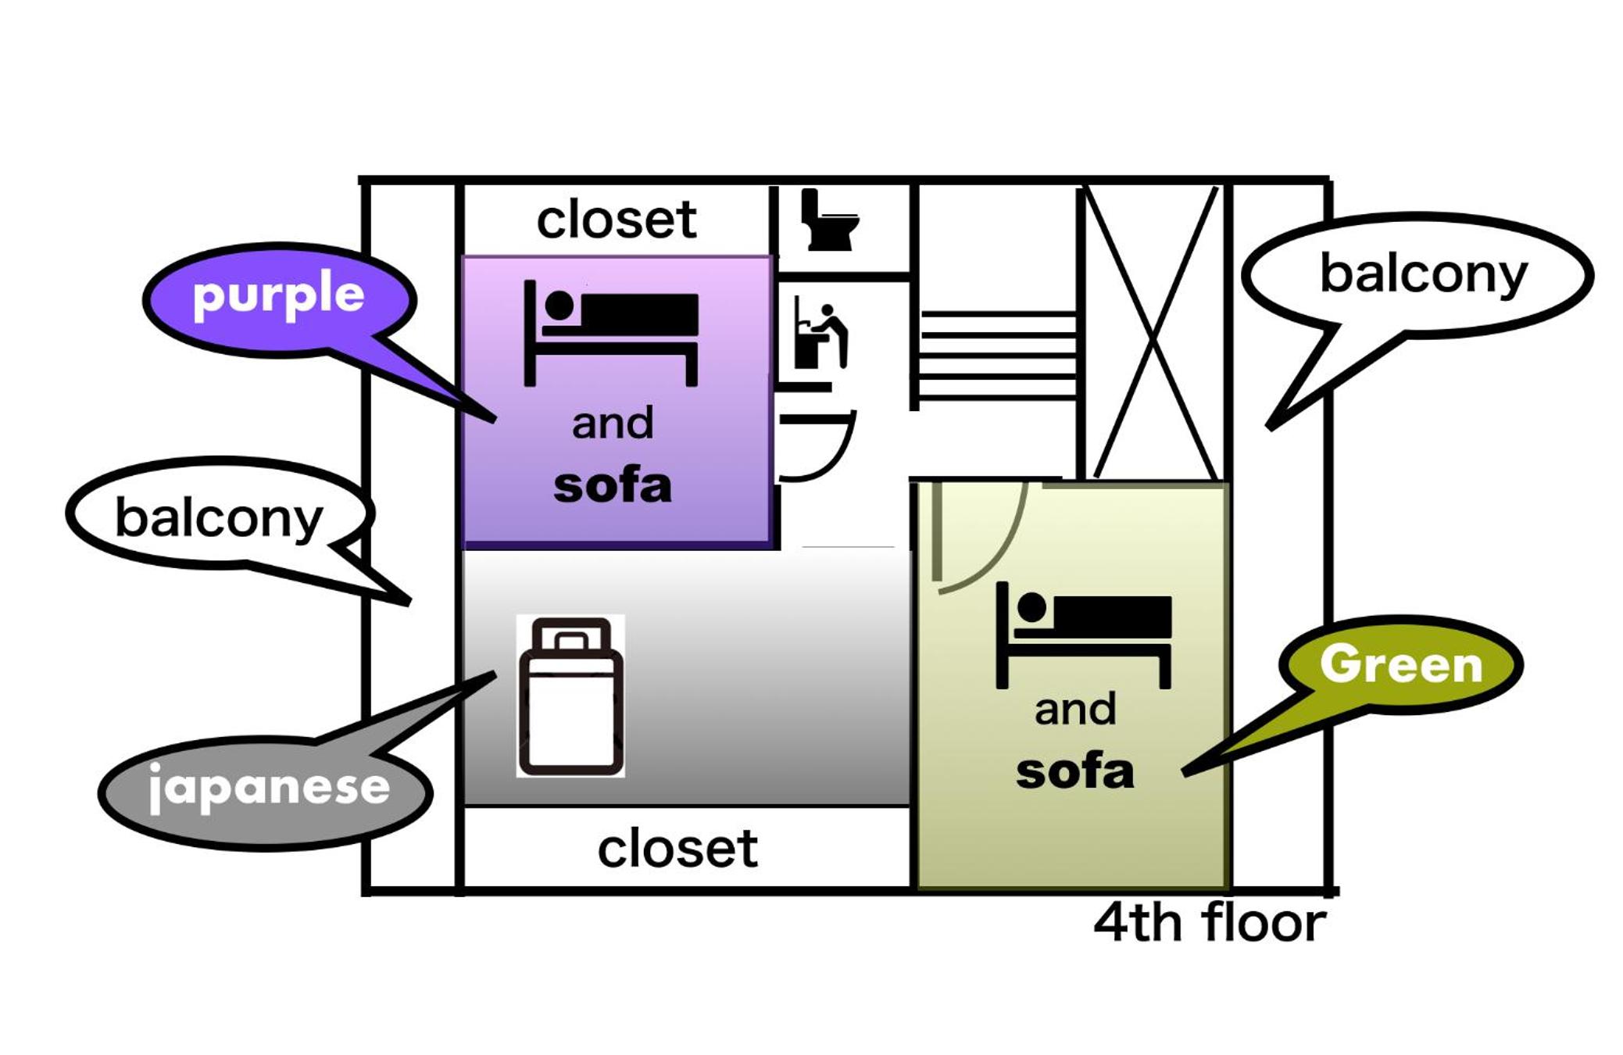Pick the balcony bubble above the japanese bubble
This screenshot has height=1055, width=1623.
click(x=219, y=516)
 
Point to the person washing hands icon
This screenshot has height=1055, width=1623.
click(x=820, y=332)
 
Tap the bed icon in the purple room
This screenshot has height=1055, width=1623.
click(x=611, y=333)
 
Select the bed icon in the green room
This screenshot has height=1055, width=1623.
click(x=1084, y=635)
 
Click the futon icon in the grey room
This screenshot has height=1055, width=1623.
click(x=570, y=696)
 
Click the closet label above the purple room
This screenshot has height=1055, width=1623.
click(x=616, y=220)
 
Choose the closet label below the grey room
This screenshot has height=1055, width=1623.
click(x=677, y=849)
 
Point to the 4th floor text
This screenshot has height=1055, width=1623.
click(x=1209, y=923)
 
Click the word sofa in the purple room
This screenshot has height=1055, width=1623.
click(x=612, y=485)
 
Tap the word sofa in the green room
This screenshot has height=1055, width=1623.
click(x=1074, y=771)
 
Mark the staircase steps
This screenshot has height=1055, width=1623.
click(x=998, y=356)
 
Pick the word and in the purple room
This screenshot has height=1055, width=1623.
click(x=612, y=424)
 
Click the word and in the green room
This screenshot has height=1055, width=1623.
click(x=1074, y=710)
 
